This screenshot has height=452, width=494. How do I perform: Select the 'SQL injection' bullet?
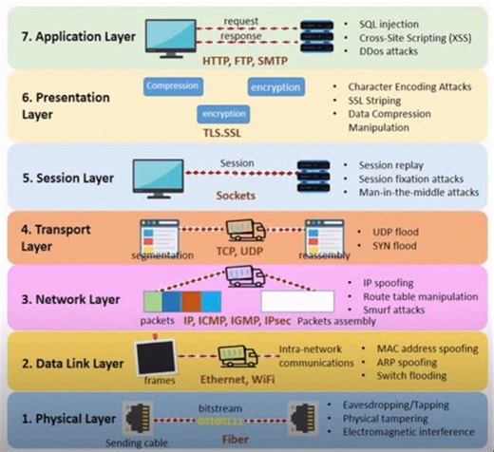coord(389,20)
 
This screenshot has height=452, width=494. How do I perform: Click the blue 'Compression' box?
coord(172,85)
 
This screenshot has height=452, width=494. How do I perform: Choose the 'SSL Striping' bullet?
coord(383,101)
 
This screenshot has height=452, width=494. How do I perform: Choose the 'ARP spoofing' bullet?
coord(395,361)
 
